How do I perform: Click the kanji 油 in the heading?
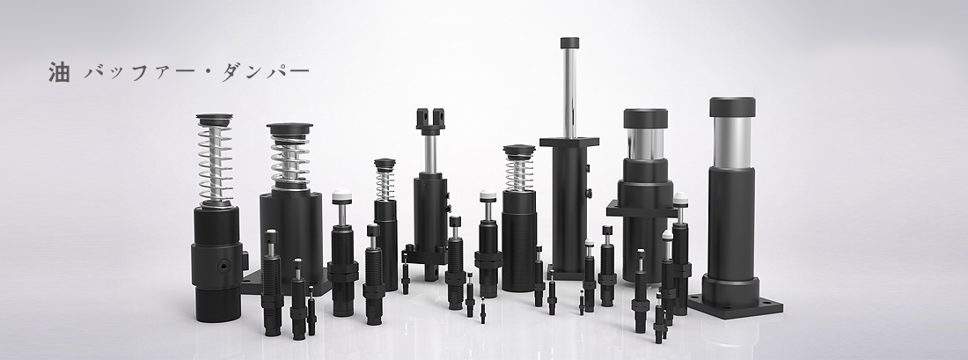coord(59,72)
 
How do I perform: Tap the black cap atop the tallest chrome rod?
coord(569,42)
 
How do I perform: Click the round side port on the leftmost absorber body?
coord(223,266)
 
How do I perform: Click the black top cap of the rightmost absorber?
coord(732,107)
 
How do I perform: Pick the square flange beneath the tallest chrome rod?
coord(568,142)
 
